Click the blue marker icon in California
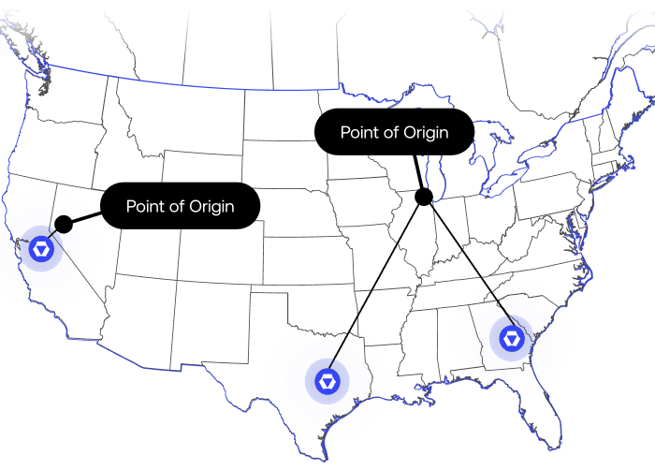[x=41, y=249]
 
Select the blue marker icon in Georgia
[x=514, y=338]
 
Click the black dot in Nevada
[x=64, y=224]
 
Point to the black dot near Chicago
[x=423, y=197]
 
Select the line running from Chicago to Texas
[x=374, y=290]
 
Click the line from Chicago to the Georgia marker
[x=468, y=268]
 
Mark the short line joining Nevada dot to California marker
[x=53, y=235]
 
